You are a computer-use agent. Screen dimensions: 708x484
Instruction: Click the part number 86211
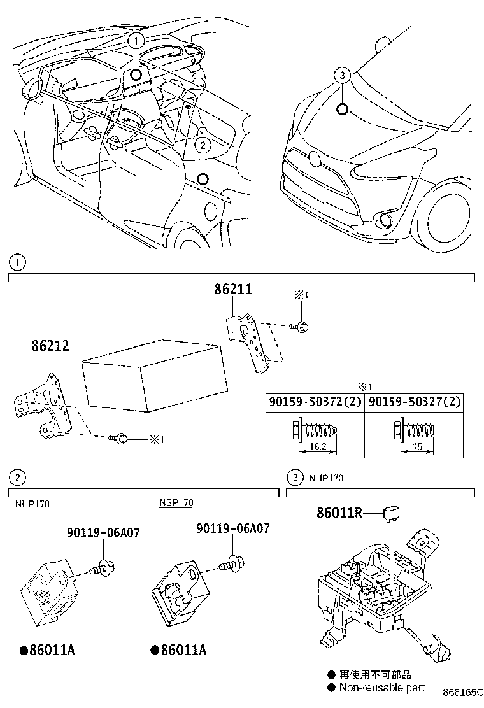(233, 290)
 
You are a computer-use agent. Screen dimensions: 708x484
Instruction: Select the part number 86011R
(339, 512)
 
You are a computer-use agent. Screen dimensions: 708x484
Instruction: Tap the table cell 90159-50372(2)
(315, 403)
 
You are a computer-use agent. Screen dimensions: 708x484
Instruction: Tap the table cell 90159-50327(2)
(415, 403)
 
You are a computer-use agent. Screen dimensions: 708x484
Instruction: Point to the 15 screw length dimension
(416, 447)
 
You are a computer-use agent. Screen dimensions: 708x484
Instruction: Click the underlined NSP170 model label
(176, 503)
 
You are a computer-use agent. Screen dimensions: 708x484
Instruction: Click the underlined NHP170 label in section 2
(32, 504)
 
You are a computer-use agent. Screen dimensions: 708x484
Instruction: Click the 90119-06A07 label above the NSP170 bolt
(232, 528)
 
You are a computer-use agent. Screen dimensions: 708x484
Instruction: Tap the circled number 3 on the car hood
(342, 76)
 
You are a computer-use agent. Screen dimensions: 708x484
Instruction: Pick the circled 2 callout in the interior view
(202, 145)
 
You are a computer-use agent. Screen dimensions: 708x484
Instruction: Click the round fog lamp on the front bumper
(385, 221)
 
